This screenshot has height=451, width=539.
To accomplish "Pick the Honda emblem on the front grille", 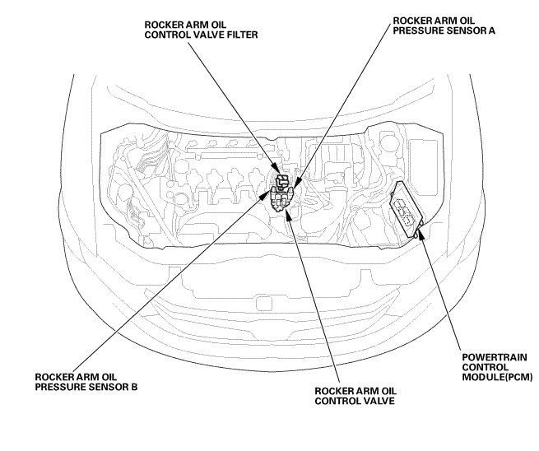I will [x=265, y=302].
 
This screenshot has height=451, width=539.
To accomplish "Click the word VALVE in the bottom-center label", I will [x=372, y=402].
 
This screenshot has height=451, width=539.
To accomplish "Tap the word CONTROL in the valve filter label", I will [x=174, y=35].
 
